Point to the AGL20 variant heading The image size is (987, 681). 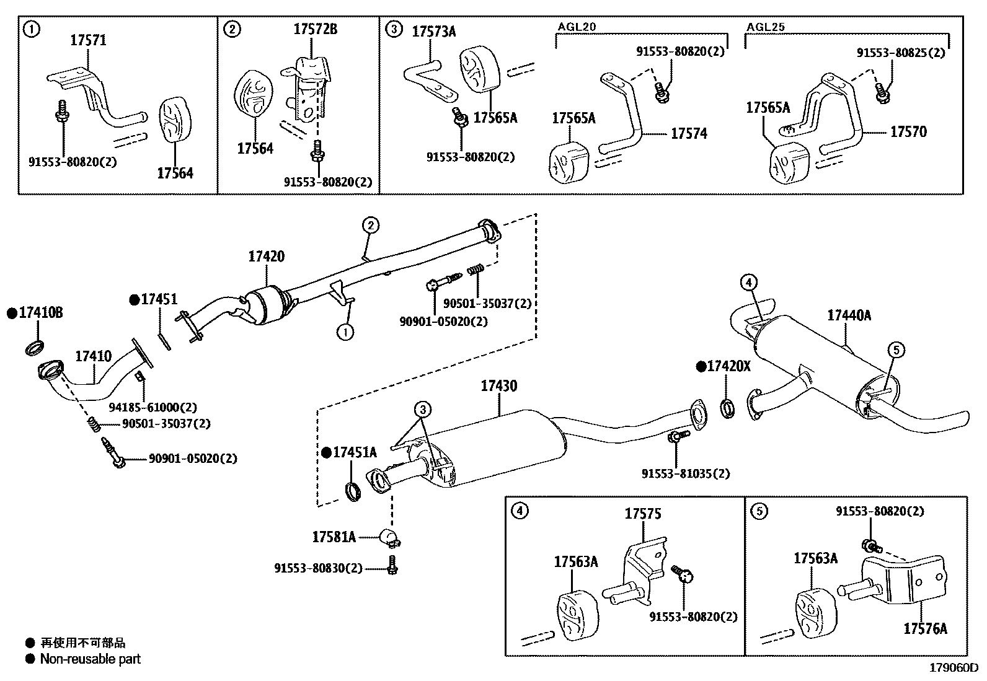[x=576, y=27]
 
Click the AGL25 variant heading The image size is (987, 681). [x=766, y=27]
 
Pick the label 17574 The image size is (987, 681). [x=688, y=133]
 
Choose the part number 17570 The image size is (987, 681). [x=908, y=131]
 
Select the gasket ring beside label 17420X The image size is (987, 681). [x=728, y=408]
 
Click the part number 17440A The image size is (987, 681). [x=849, y=315]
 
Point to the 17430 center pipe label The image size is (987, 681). [x=498, y=386]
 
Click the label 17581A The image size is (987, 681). [x=334, y=537]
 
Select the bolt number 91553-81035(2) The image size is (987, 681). [x=685, y=473]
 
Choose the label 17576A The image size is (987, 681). [x=925, y=628]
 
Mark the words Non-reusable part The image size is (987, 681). [x=90, y=659]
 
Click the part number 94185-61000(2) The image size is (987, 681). [x=153, y=407]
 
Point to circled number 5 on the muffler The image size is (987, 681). [x=896, y=351]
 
